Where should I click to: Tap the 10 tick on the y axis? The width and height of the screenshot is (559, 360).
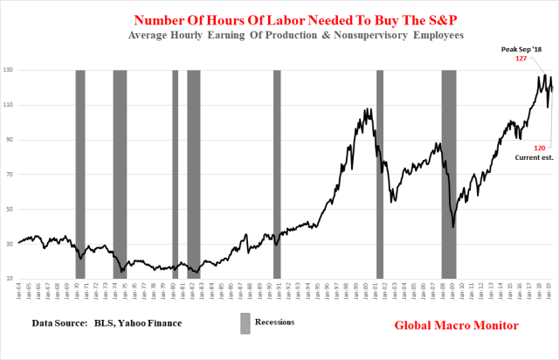[10, 279]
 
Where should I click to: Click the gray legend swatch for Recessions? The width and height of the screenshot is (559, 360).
[245, 322]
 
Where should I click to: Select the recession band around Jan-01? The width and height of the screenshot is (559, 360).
[380, 175]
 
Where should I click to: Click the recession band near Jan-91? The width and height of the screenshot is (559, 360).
[277, 175]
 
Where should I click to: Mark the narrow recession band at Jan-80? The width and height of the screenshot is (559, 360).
[175, 175]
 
